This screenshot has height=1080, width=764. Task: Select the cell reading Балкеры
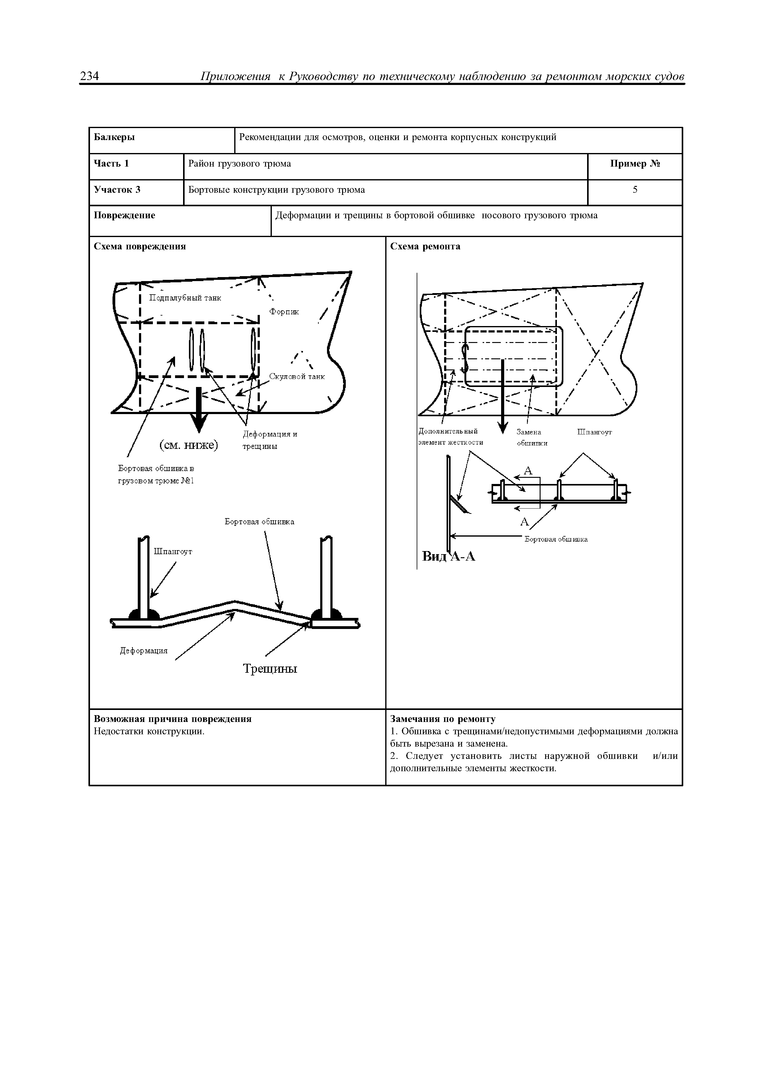(x=114, y=137)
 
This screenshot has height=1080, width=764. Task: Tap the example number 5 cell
(x=635, y=190)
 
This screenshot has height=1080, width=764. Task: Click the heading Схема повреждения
(x=140, y=247)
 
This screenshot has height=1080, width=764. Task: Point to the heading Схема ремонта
(x=425, y=247)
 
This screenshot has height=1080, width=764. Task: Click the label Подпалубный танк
(x=185, y=298)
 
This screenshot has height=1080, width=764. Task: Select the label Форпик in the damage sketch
(x=284, y=312)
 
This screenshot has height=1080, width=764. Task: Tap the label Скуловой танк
(x=297, y=377)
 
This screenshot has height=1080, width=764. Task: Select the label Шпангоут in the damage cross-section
(x=173, y=551)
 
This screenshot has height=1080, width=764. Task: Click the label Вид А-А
(x=449, y=556)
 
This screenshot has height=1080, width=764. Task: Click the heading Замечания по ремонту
(x=443, y=719)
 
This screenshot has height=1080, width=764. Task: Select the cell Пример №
(x=635, y=164)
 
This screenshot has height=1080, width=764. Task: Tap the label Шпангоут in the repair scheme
(x=594, y=432)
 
